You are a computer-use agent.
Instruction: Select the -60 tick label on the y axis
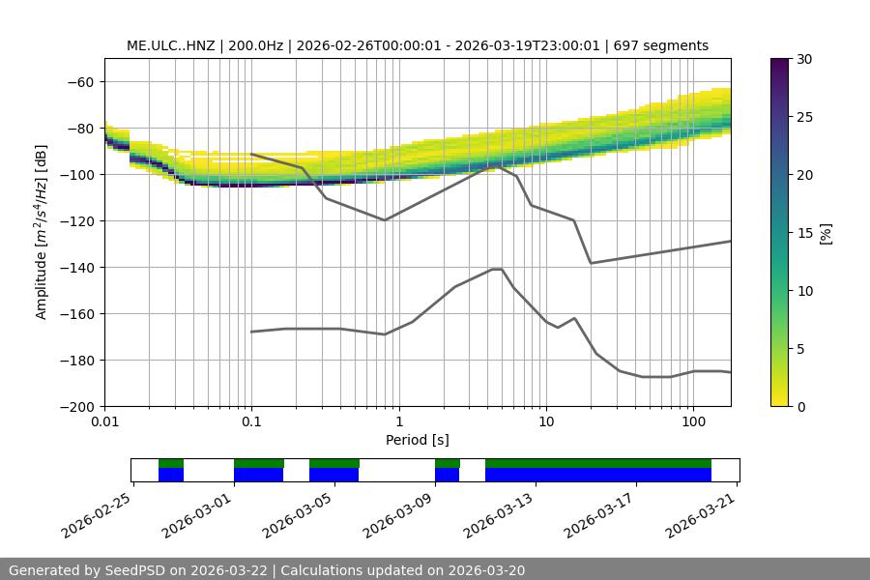[x=80, y=81]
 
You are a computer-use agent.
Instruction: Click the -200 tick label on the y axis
[x=77, y=406]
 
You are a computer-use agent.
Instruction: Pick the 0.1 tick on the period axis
[x=251, y=421]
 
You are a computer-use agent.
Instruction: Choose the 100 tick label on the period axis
[x=692, y=421]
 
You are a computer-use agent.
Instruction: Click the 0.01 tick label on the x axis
[x=104, y=421]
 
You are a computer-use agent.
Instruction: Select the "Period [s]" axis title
[x=418, y=440]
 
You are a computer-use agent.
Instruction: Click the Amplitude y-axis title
[x=42, y=232]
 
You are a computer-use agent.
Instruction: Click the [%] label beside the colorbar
[x=826, y=233]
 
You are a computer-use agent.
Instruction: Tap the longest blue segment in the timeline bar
[x=598, y=475]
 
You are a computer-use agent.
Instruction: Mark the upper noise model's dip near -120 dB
[x=385, y=219]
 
